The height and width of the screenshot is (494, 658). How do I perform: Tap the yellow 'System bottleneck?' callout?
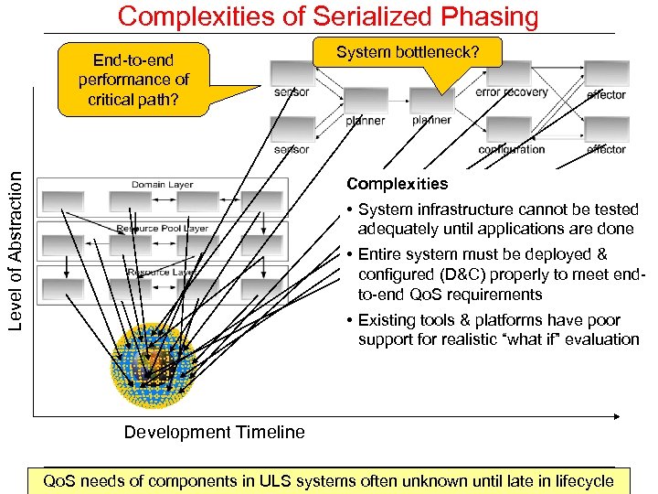tap(407, 54)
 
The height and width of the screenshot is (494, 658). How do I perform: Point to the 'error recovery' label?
tap(512, 92)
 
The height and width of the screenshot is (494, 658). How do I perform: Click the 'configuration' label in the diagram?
tap(512, 150)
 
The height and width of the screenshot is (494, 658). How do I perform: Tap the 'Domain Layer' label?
tap(163, 185)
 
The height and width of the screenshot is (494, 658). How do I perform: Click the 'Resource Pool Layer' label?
tap(163, 229)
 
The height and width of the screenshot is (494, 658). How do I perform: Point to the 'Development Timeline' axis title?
tap(214, 433)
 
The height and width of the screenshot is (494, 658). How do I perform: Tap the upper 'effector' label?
tap(606, 94)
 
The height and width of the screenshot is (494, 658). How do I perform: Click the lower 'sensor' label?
tap(292, 149)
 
